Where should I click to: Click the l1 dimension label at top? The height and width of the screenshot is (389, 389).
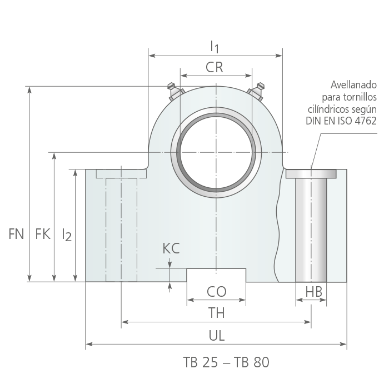pyautogui.click(x=215, y=47)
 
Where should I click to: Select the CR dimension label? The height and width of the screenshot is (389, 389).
pyautogui.click(x=215, y=67)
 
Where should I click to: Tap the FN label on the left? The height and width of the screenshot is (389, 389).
pyautogui.click(x=16, y=234)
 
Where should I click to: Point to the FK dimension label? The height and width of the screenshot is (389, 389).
pyautogui.click(x=43, y=234)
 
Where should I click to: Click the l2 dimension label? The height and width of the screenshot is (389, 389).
pyautogui.click(x=67, y=235)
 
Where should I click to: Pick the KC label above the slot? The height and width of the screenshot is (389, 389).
pyautogui.click(x=171, y=248)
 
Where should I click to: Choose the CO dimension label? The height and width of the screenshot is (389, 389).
pyautogui.click(x=216, y=292)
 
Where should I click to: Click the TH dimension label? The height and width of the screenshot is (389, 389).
pyautogui.click(x=216, y=313)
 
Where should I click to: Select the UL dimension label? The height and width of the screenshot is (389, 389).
pyautogui.click(x=217, y=336)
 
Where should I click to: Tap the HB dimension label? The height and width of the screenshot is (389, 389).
pyautogui.click(x=313, y=292)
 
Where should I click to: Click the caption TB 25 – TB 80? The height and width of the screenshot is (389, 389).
pyautogui.click(x=226, y=362)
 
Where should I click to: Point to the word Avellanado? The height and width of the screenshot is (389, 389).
pyautogui.click(x=353, y=85)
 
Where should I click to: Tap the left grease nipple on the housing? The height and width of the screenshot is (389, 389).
pyautogui.click(x=175, y=91)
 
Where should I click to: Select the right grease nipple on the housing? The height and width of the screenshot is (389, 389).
pyautogui.click(x=256, y=91)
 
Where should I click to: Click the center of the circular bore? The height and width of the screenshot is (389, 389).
pyautogui.click(x=216, y=152)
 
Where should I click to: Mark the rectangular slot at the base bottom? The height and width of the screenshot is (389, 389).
pyautogui.click(x=216, y=275)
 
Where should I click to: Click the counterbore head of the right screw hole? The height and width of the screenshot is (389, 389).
pyautogui.click(x=311, y=173)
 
